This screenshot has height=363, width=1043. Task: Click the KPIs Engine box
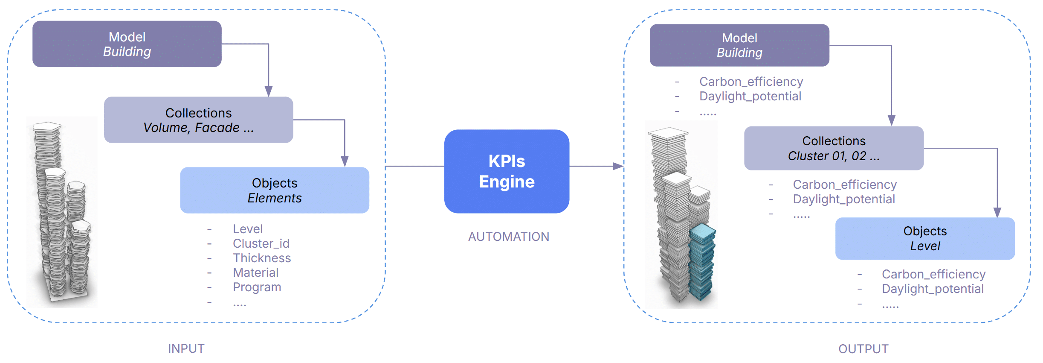point(507,171)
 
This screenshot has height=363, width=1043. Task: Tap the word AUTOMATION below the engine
point(508,237)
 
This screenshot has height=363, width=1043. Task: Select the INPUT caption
point(186,348)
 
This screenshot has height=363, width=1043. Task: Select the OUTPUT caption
point(863,349)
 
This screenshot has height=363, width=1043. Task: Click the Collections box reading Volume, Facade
point(199,120)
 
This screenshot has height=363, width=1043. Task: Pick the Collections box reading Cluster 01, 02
point(834,148)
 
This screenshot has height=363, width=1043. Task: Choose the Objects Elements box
point(275,190)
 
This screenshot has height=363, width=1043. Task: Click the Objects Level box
point(925,238)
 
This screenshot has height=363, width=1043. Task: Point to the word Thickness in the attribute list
point(262,258)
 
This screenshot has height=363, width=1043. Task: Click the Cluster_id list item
point(261,243)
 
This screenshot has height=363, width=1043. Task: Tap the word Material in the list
point(255,272)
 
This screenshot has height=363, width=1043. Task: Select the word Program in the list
point(257,287)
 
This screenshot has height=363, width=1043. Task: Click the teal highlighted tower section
point(702,261)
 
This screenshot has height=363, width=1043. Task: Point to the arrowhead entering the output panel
point(618,166)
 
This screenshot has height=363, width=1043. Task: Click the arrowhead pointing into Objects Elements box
point(345,161)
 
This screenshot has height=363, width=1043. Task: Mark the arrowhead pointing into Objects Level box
point(997,212)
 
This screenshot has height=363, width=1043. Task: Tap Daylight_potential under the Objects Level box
point(933,289)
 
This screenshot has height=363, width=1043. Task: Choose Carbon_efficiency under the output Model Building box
point(751,82)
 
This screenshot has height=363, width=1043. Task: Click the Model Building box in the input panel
point(127,44)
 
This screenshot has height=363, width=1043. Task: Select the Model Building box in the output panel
point(739,45)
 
